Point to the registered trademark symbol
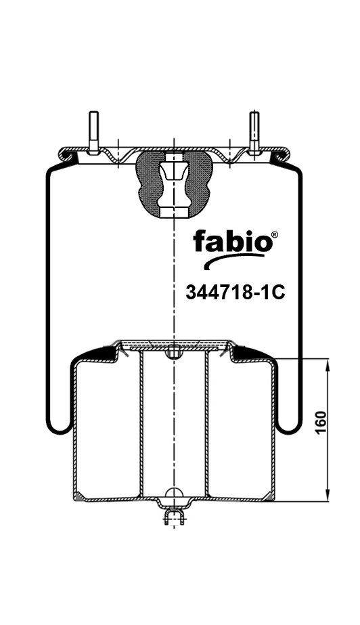(273, 236)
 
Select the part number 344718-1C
(234, 293)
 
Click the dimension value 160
(321, 423)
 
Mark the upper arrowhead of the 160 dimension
(328, 366)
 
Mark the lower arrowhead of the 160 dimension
(328, 495)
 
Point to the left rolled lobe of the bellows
(58, 427)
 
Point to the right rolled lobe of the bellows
(290, 427)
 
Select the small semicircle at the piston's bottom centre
(174, 492)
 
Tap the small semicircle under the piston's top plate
(174, 352)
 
